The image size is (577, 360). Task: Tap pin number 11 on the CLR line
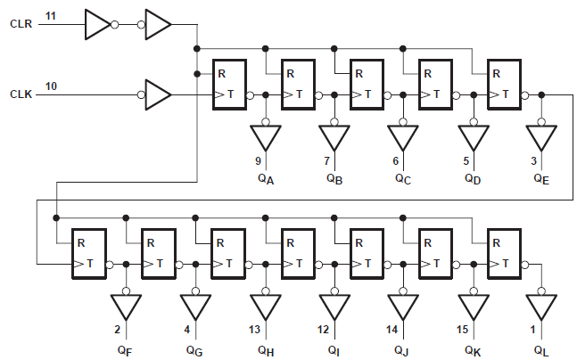[x=51, y=16]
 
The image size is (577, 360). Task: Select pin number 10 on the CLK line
[x=51, y=86]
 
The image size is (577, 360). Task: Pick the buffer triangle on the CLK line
[x=156, y=93]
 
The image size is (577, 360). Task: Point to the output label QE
[x=541, y=178]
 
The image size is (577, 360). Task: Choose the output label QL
[x=541, y=349]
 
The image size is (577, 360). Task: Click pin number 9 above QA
[x=259, y=160]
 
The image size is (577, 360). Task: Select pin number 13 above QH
[x=256, y=331]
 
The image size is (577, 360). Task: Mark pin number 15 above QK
[x=463, y=331]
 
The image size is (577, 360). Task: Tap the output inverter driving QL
[x=541, y=306]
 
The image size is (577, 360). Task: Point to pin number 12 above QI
[x=324, y=331]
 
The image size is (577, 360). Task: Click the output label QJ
[x=403, y=349]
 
